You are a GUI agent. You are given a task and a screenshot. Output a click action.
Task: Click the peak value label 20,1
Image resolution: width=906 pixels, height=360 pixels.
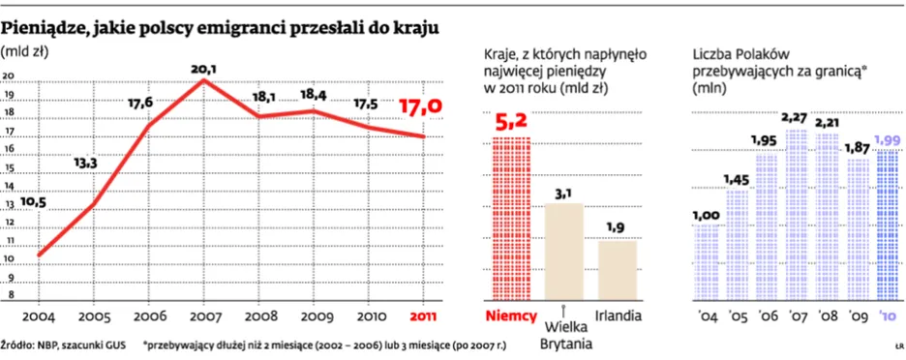203,69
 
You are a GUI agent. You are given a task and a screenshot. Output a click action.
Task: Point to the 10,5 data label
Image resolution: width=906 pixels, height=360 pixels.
34,202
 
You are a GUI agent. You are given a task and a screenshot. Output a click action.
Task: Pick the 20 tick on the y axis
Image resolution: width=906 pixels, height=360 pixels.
9,77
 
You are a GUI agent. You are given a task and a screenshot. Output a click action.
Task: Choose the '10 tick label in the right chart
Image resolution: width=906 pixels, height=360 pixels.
888,315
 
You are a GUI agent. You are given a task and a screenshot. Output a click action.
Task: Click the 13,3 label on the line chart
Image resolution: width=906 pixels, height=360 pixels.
86,162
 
